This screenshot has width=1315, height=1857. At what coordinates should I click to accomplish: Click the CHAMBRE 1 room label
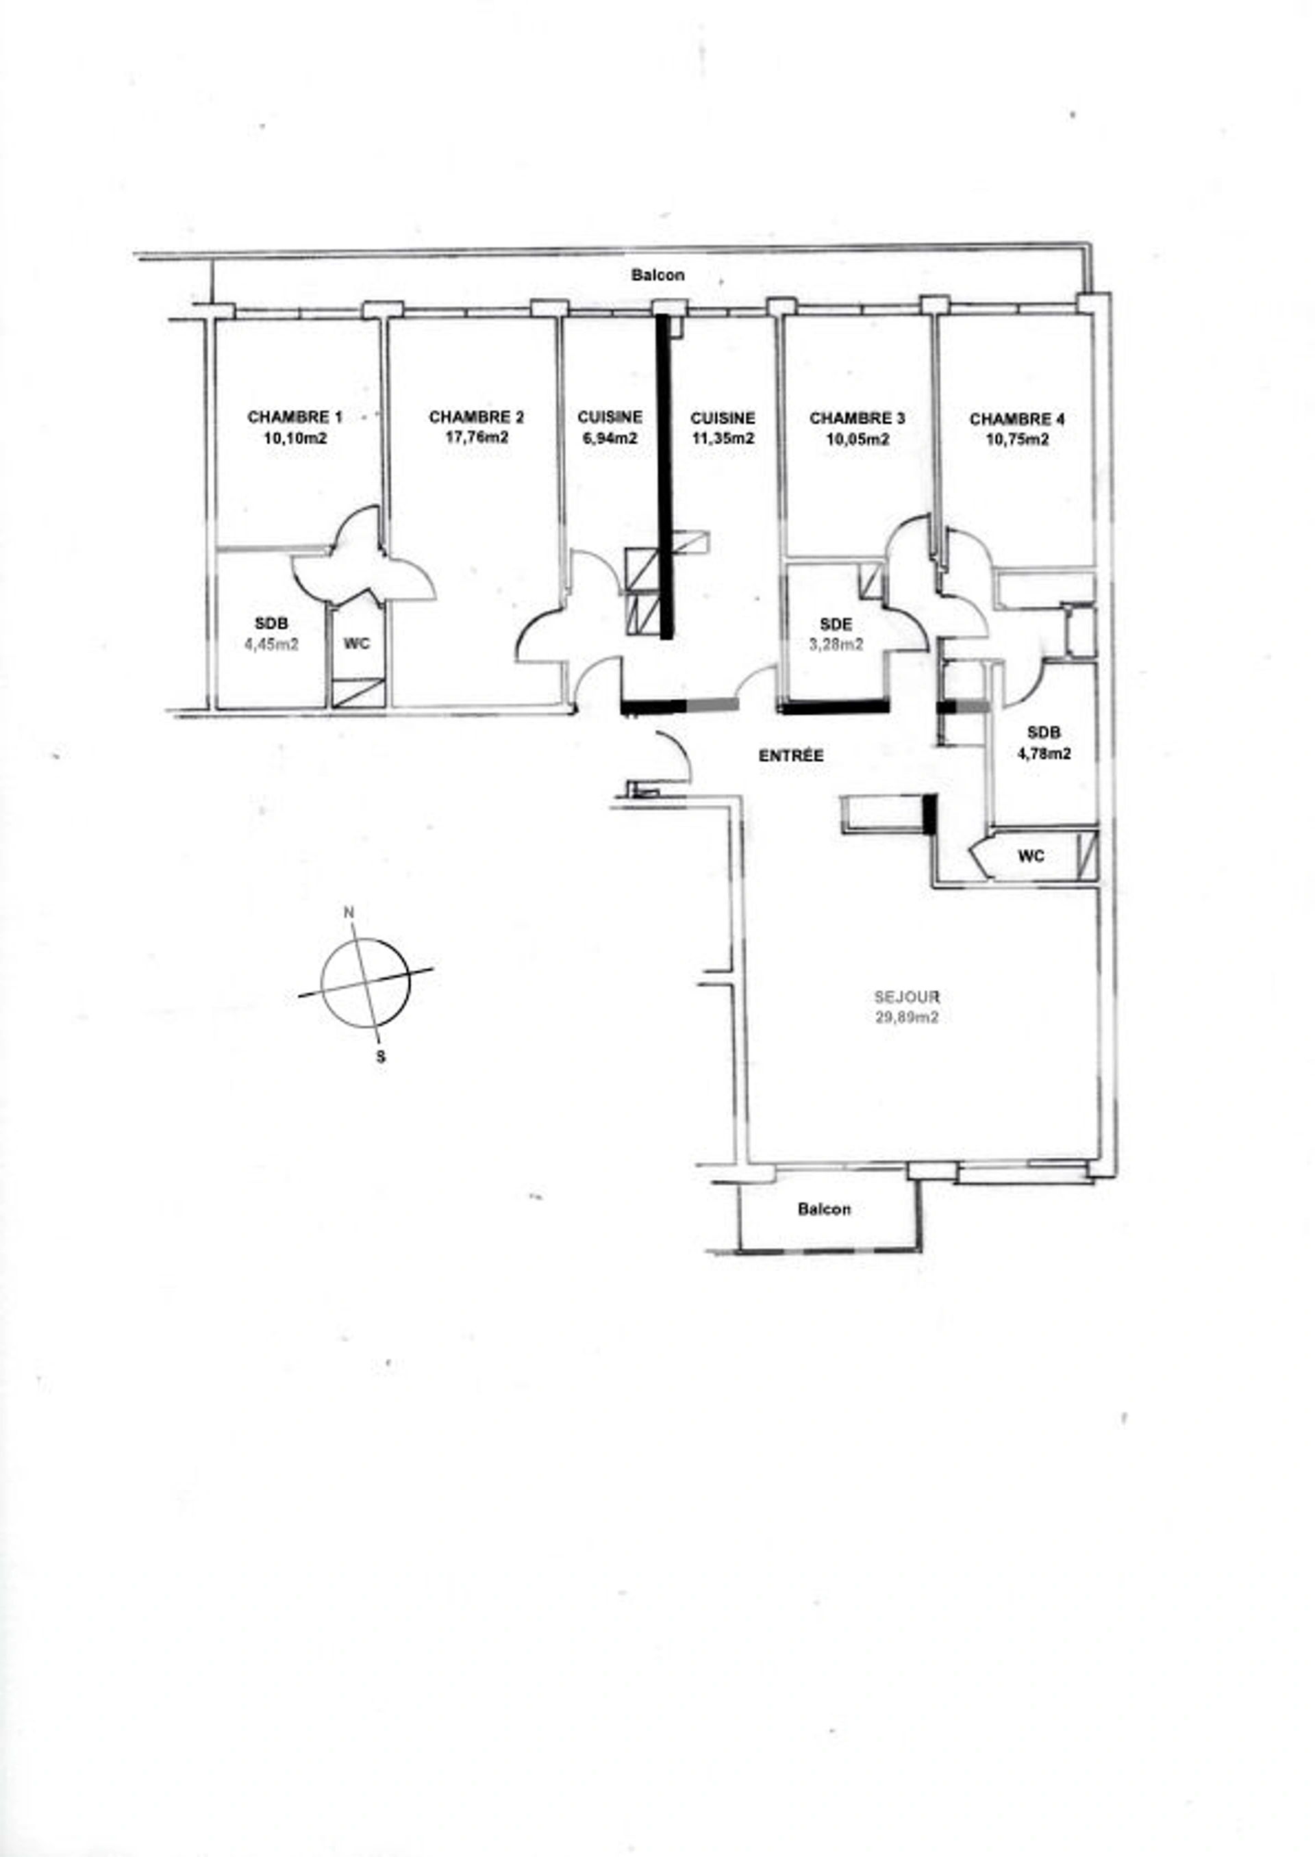(294, 417)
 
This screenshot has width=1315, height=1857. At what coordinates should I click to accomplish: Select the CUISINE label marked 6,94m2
(610, 417)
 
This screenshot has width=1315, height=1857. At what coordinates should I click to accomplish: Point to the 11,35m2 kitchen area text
(723, 439)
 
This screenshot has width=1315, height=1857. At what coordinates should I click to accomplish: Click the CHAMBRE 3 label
(857, 418)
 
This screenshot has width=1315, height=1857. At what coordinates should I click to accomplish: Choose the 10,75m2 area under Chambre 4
(1017, 440)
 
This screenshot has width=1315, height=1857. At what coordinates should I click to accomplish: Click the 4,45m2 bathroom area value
(271, 645)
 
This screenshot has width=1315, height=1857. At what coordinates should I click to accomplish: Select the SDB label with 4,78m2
(1043, 732)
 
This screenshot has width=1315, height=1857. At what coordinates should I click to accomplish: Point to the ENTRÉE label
(791, 755)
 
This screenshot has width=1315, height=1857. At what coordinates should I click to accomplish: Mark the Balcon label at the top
(657, 275)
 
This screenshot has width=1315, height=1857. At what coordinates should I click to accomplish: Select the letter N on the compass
(350, 912)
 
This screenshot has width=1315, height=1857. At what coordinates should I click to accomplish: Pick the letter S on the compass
(381, 1057)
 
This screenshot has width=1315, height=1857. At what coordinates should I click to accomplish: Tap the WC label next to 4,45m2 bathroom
(356, 644)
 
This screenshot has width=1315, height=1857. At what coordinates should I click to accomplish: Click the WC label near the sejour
(1031, 856)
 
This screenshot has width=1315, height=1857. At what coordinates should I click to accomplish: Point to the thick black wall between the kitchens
(665, 477)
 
